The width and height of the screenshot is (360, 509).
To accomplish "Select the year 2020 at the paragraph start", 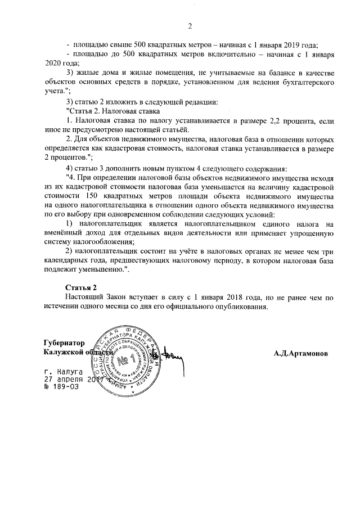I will click(53, 64).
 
